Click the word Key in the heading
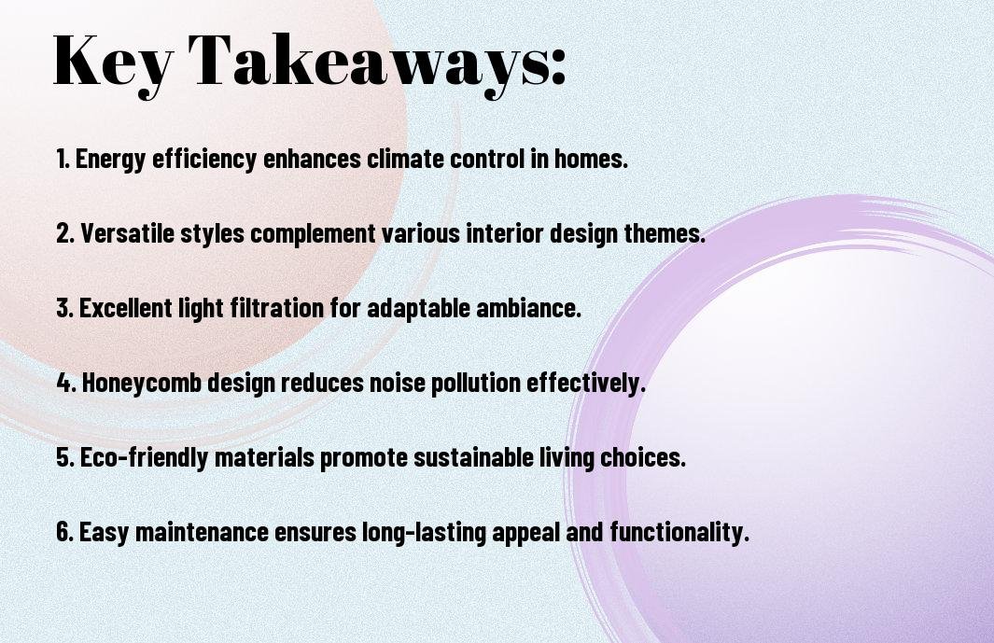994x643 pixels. click(x=112, y=63)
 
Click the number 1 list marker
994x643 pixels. click(x=63, y=159)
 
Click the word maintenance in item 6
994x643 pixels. click(x=203, y=531)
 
